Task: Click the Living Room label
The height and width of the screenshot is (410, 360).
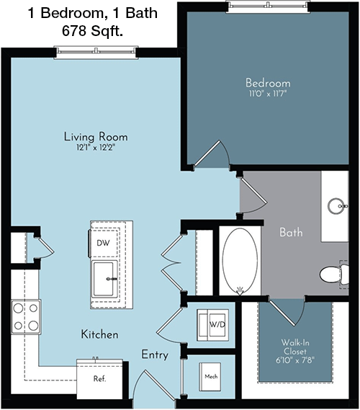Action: [96, 137]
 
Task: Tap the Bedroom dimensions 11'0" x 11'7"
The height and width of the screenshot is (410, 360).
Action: [268, 94]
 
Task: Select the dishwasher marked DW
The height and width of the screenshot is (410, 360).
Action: [104, 244]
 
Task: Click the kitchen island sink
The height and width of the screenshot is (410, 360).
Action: [104, 279]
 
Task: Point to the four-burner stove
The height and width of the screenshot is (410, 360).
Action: [26, 317]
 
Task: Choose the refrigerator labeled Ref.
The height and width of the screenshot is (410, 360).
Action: [99, 378]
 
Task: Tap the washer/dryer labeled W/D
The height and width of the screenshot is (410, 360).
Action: [213, 325]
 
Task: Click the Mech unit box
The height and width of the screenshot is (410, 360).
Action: [210, 377]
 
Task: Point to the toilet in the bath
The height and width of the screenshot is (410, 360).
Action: [334, 275]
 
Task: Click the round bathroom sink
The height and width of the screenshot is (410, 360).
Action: [337, 206]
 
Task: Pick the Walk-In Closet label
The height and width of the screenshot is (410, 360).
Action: [294, 347]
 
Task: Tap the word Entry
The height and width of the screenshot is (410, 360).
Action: [155, 355]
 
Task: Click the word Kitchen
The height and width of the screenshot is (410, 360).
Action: [99, 334]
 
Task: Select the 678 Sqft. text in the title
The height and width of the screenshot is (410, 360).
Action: [92, 31]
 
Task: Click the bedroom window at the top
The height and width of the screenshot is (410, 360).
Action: [268, 6]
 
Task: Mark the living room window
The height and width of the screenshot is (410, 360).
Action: [96, 52]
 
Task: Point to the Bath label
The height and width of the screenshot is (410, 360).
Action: [291, 232]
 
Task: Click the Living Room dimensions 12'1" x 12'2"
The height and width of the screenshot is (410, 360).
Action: [96, 148]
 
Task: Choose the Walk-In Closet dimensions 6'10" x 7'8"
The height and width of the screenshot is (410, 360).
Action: [295, 360]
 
